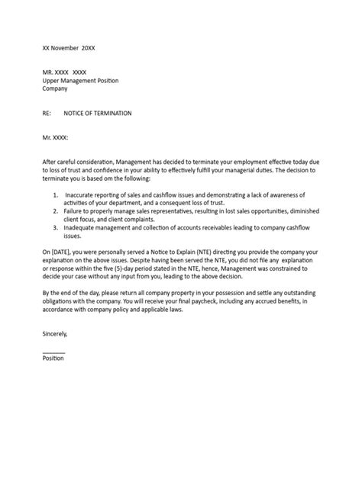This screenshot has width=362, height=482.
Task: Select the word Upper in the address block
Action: click(53, 80)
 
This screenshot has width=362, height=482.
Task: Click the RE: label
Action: click(47, 113)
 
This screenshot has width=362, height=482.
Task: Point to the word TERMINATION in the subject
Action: click(108, 113)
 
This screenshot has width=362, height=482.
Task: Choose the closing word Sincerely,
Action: click(55, 333)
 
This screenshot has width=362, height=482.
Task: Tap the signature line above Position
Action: click(53, 352)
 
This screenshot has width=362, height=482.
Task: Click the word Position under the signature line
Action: click(53, 358)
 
